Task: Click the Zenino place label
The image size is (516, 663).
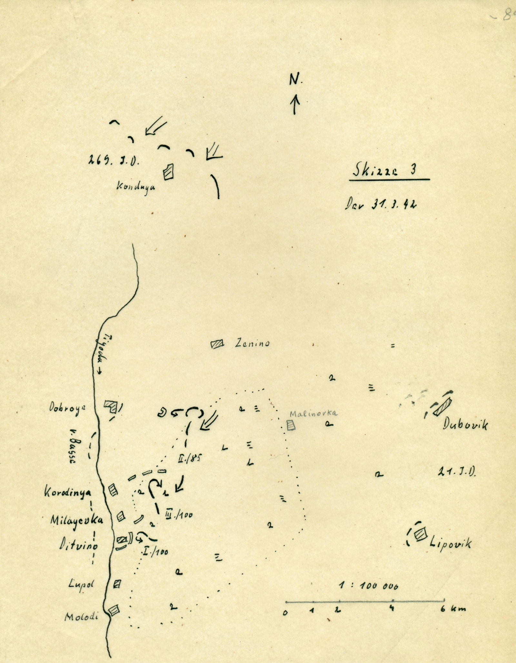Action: (252, 344)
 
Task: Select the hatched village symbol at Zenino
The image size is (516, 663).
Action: (217, 344)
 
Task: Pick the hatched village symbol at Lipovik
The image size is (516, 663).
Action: (420, 534)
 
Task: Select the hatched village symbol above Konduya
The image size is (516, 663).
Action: (168, 171)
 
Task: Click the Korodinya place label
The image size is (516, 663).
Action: (67, 492)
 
